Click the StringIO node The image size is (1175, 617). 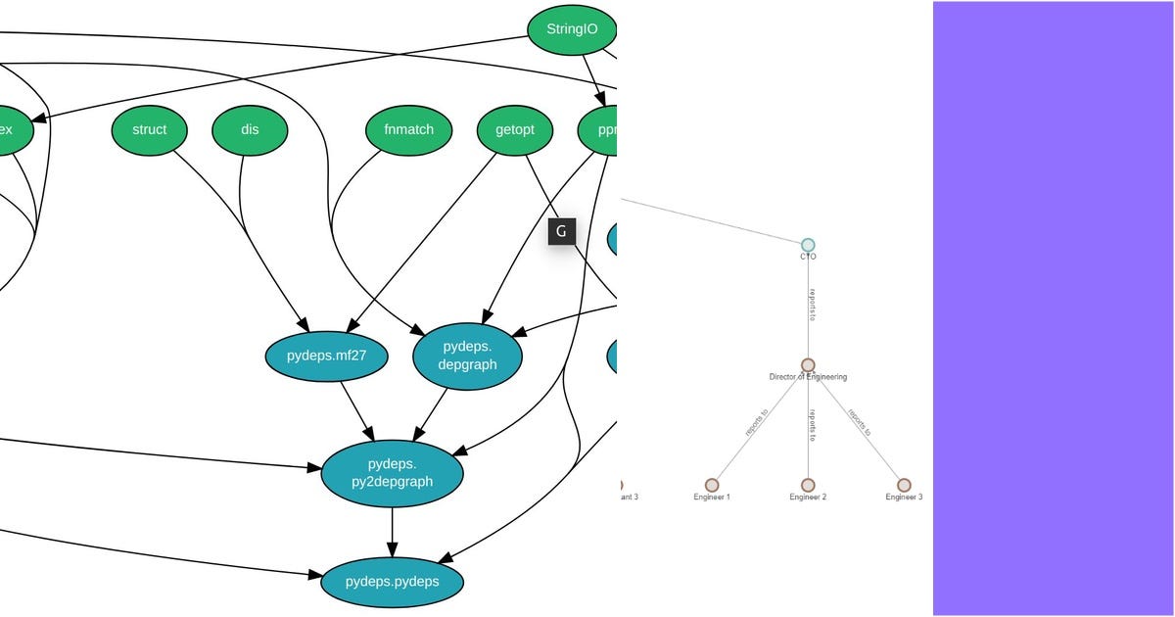pyautogui.click(x=573, y=29)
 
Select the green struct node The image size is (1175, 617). pyautogui.click(x=149, y=129)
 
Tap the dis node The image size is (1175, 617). pyautogui.click(x=250, y=129)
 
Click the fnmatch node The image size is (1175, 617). pyautogui.click(x=408, y=129)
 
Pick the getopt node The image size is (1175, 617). pyautogui.click(x=515, y=129)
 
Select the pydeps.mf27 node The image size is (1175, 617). pyautogui.click(x=326, y=356)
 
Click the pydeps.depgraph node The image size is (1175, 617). pyautogui.click(x=468, y=356)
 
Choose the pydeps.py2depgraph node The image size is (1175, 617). pyautogui.click(x=392, y=472)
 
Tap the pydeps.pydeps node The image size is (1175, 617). pyautogui.click(x=392, y=582)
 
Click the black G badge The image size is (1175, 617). pyautogui.click(x=561, y=231)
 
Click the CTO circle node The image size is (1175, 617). pyautogui.click(x=808, y=245)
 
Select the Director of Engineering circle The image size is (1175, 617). pyautogui.click(x=808, y=365)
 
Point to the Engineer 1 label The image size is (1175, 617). pyautogui.click(x=712, y=498)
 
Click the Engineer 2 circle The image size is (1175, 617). pyautogui.click(x=808, y=485)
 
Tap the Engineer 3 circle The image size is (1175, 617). pyautogui.click(x=904, y=485)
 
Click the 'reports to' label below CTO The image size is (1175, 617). pyautogui.click(x=812, y=305)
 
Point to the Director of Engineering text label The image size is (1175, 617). pyautogui.click(x=808, y=377)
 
